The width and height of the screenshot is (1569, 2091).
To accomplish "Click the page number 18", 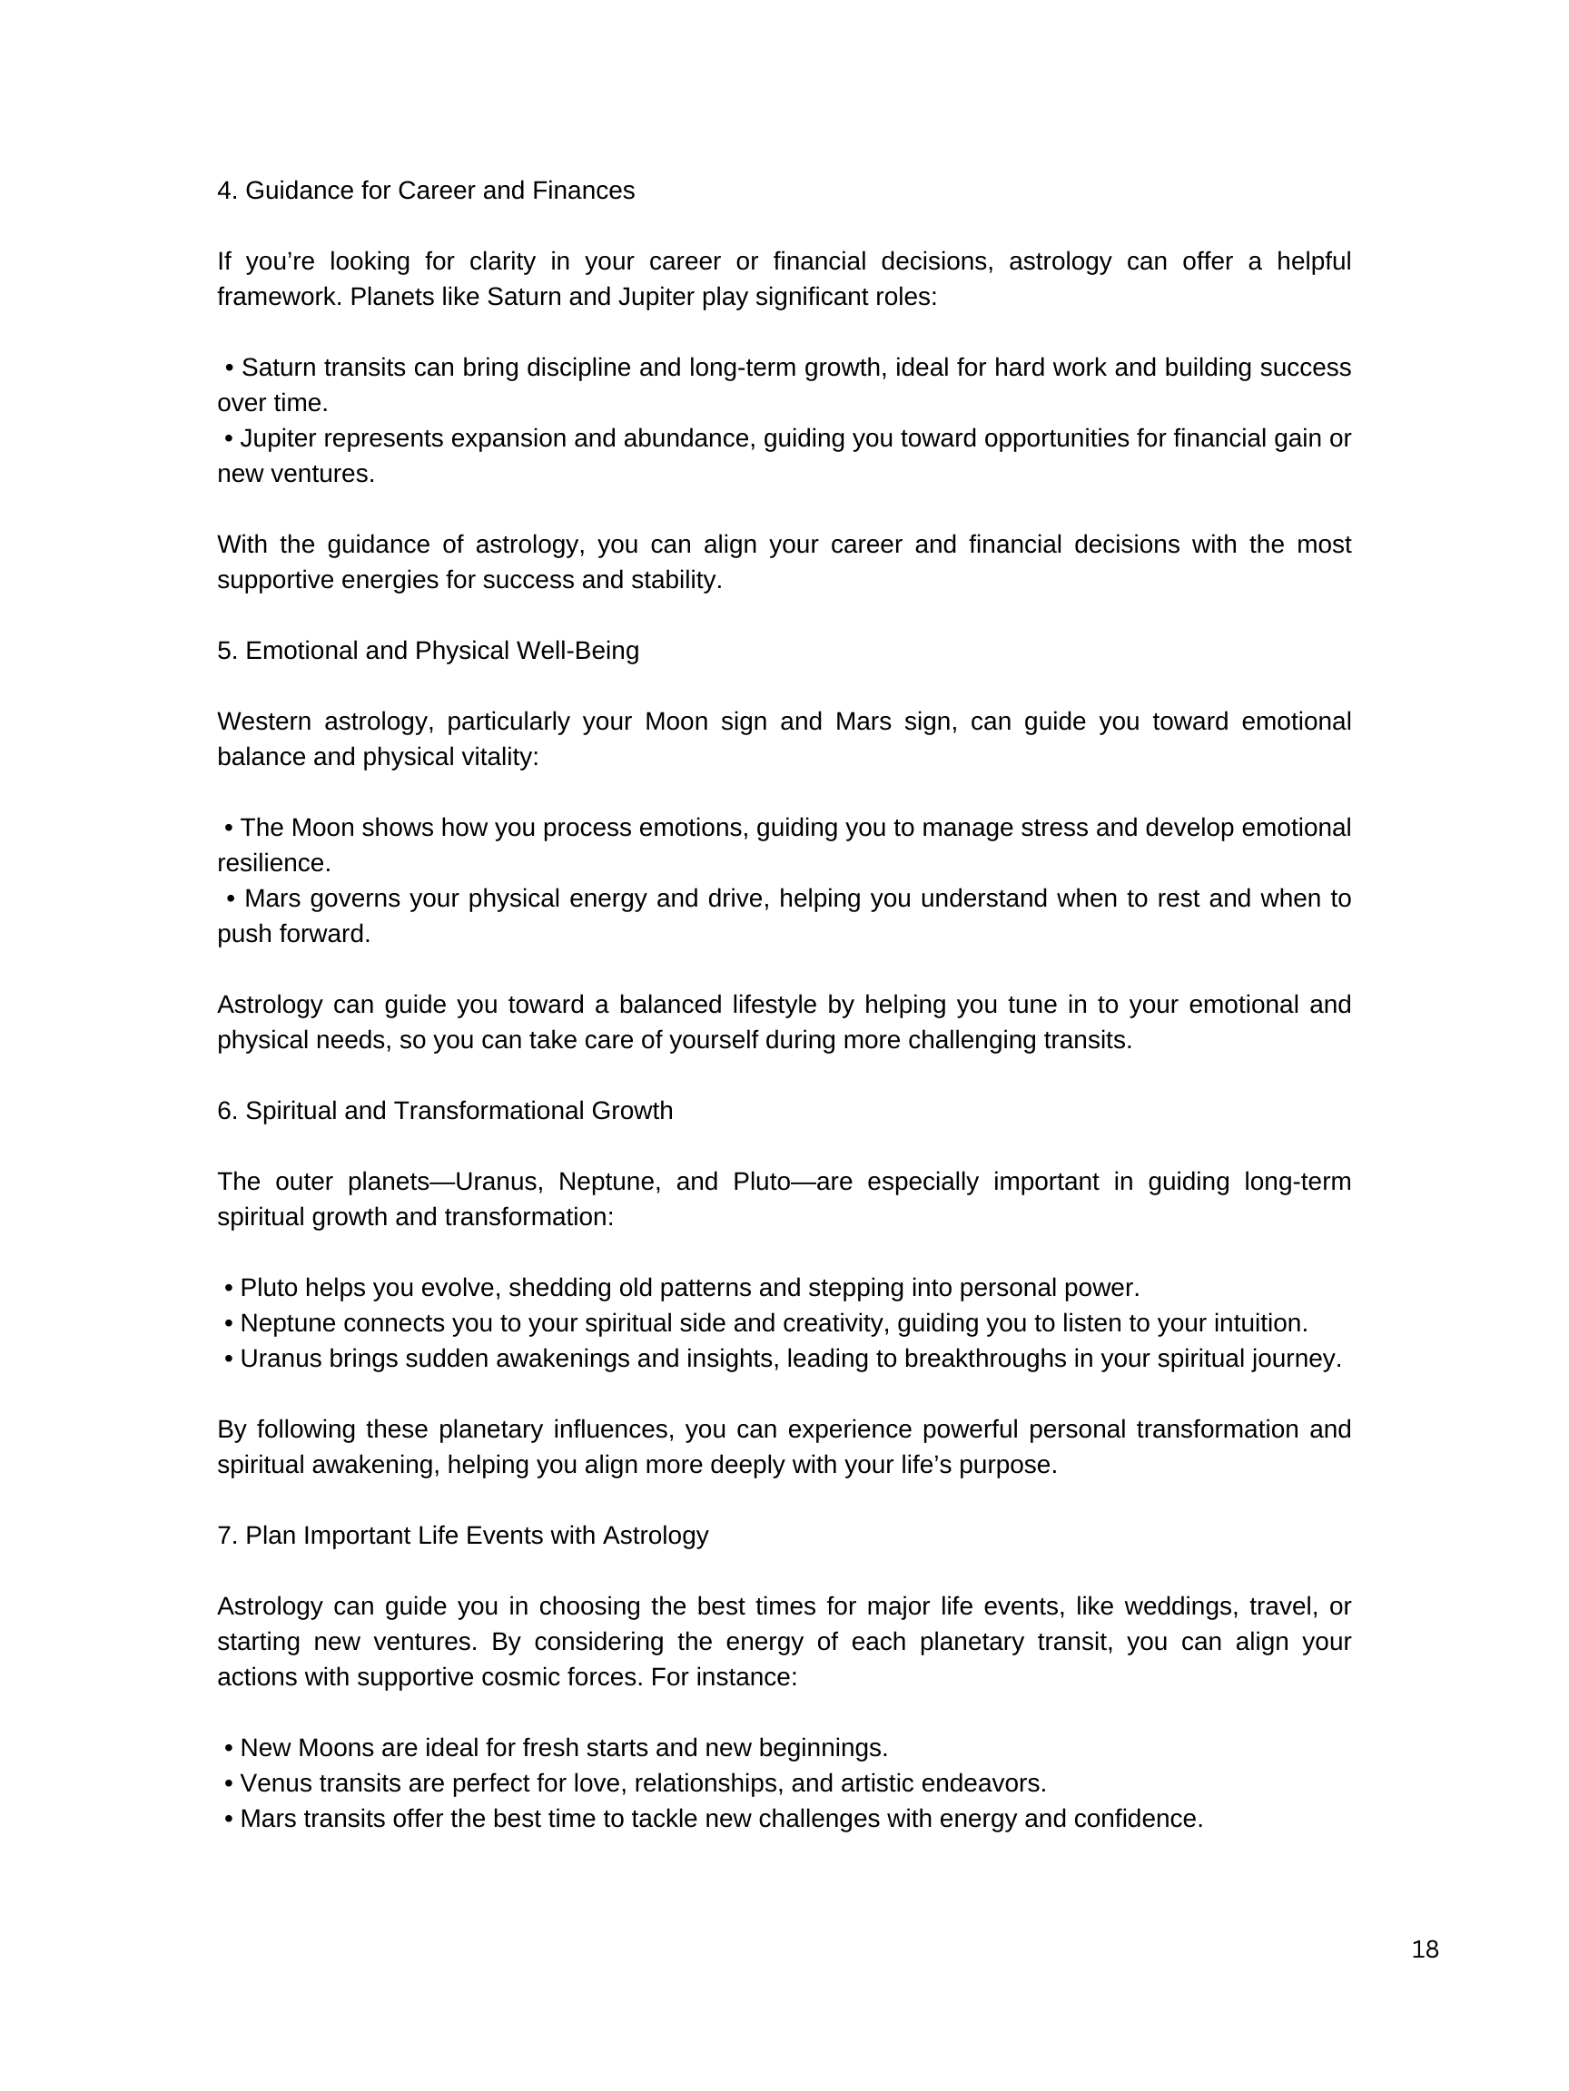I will [x=1425, y=1949].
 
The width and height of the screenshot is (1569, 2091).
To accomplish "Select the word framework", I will [x=279, y=297].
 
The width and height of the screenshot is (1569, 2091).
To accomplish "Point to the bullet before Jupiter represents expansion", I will [x=229, y=438].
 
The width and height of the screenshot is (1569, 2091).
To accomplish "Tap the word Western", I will [x=264, y=722].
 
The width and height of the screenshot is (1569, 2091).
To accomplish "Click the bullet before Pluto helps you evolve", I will [x=229, y=1288].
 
